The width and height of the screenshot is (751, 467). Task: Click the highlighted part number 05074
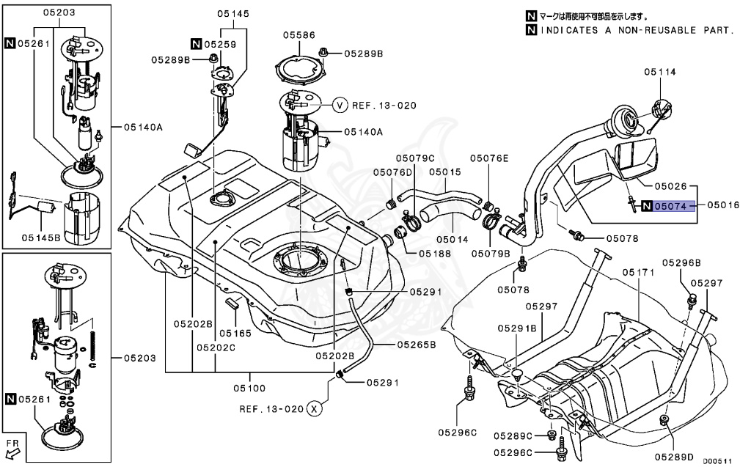[671, 206]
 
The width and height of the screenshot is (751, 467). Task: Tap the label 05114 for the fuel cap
[660, 72]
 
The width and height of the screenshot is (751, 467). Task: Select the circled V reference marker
[340, 105]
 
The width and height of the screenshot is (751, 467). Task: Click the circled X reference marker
[314, 408]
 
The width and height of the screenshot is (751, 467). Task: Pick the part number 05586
[299, 35]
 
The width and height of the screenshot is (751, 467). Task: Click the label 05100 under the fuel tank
[249, 388]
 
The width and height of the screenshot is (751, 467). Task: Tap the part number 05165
[235, 333]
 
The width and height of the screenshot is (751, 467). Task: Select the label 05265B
[417, 345]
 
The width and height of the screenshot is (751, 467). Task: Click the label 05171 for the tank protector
[639, 273]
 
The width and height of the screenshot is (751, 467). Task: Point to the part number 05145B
[41, 237]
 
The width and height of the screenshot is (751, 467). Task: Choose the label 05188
[435, 254]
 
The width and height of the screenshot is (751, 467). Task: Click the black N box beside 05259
[196, 44]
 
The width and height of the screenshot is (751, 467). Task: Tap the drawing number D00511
[717, 461]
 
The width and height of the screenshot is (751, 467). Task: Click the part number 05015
[445, 172]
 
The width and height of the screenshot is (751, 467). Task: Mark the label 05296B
[681, 262]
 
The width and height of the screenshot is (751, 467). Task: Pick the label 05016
[723, 205]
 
